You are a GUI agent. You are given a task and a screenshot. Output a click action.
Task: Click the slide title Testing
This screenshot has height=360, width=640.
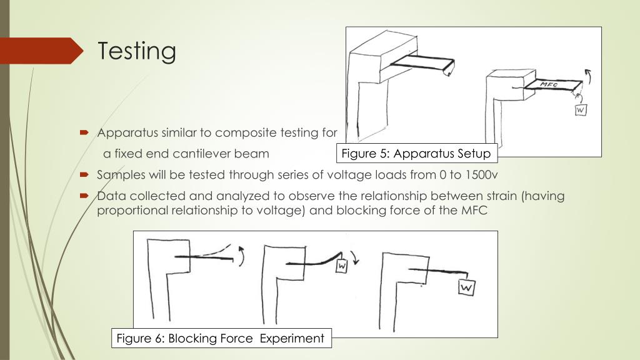coord(137,51)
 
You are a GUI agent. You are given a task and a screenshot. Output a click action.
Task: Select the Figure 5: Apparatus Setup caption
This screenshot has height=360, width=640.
coord(416,154)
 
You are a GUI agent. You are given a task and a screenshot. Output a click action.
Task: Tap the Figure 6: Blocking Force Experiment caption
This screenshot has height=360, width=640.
coord(221,338)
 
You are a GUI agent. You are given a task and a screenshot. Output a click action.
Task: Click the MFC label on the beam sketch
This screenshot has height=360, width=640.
coord(549,84)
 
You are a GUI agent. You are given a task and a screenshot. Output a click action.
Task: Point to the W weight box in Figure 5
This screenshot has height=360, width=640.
coord(581,110)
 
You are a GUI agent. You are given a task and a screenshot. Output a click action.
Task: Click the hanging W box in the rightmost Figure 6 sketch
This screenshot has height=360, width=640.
coord(466,287)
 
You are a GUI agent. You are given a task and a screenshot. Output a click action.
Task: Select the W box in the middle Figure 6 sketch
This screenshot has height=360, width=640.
coord(342,266)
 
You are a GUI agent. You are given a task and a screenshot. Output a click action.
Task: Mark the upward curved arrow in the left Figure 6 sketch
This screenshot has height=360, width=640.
coord(242,256)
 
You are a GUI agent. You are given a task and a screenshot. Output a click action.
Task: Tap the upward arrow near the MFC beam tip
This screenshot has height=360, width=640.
coord(589,76)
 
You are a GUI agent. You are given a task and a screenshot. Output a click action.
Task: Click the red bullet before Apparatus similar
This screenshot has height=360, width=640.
coord(84,132)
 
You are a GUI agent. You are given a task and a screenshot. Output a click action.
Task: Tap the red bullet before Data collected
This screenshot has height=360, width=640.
coord(84,196)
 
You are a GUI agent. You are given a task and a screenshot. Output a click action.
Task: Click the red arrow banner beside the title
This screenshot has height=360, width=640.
coord(41,51)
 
